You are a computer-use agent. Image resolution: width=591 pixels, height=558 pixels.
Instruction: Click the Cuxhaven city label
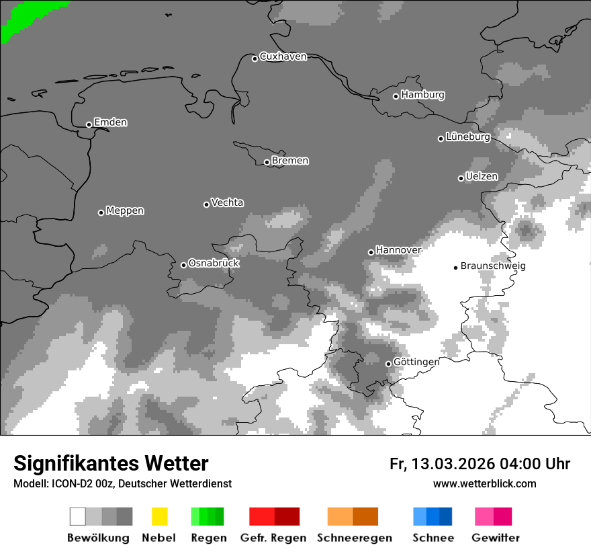(x=283, y=56)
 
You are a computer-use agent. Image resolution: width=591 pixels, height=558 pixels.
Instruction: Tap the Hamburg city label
(x=422, y=95)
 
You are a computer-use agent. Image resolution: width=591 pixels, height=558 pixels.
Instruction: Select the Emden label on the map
(x=110, y=122)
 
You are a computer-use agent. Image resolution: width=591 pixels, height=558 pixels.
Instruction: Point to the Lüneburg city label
(x=467, y=136)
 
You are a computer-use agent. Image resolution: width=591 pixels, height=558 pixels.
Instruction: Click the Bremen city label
(x=290, y=161)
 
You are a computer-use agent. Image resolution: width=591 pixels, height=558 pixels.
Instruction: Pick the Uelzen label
(x=482, y=176)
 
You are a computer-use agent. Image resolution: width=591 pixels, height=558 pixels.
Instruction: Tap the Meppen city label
(x=125, y=210)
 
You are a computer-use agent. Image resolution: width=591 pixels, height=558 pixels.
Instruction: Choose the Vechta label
(x=227, y=202)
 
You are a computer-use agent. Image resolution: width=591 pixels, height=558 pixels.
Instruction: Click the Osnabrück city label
(x=214, y=263)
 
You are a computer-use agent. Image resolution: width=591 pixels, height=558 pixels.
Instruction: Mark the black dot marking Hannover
(x=371, y=252)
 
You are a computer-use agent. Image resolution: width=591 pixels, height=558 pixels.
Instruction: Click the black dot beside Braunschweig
(x=455, y=268)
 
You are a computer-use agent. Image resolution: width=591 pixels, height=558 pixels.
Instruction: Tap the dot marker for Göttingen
(x=388, y=364)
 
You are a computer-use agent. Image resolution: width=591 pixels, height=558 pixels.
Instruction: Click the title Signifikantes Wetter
(x=111, y=464)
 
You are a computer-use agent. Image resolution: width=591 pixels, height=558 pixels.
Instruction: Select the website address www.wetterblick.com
(x=485, y=483)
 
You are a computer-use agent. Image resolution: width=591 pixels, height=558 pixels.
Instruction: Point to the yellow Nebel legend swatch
(x=160, y=516)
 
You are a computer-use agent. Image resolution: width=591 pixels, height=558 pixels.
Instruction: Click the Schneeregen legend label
(x=355, y=538)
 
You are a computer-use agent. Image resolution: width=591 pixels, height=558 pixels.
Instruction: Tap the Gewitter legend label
(x=496, y=538)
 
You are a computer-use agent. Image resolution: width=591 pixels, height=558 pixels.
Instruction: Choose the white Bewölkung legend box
(x=78, y=516)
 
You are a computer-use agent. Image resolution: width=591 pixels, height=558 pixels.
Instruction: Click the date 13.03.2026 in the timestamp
(x=454, y=464)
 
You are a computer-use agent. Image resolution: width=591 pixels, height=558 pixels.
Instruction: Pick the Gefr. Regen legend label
(x=273, y=538)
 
